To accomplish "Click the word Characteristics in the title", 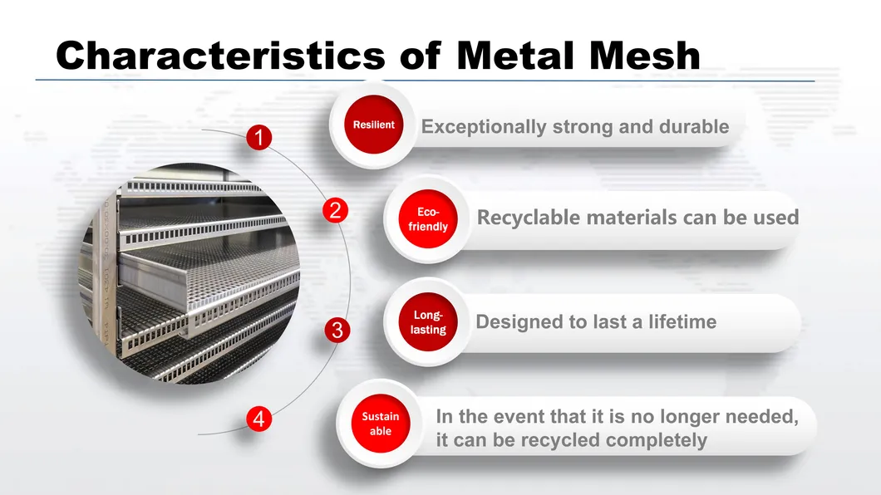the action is (x=221, y=55).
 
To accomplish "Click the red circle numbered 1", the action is (x=259, y=138).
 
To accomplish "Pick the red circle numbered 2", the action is (x=336, y=210).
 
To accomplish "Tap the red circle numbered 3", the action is (x=337, y=330).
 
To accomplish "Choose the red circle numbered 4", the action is (x=259, y=419).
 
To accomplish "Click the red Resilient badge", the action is (x=374, y=125).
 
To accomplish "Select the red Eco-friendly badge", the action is (x=428, y=219).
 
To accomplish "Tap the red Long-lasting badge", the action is (x=428, y=322).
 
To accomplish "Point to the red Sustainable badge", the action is (x=381, y=424).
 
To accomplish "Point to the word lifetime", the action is (x=682, y=321).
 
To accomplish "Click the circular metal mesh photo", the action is (x=189, y=273).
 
